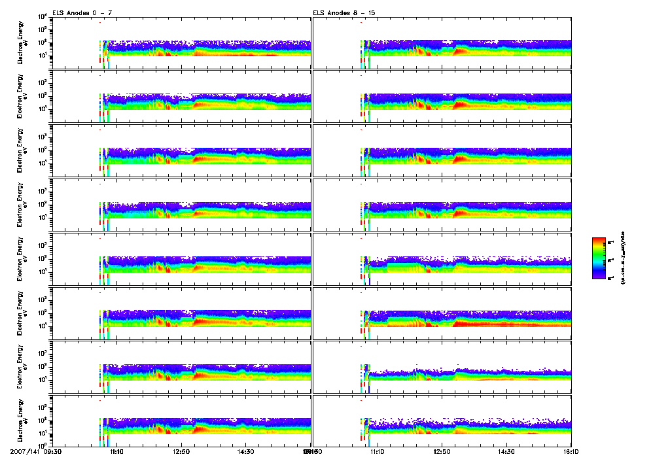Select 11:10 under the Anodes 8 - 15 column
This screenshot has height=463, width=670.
click(378, 451)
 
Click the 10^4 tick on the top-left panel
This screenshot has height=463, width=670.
click(41, 16)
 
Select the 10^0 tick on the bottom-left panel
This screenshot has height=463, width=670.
click(41, 446)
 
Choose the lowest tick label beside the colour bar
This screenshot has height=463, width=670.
click(612, 278)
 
